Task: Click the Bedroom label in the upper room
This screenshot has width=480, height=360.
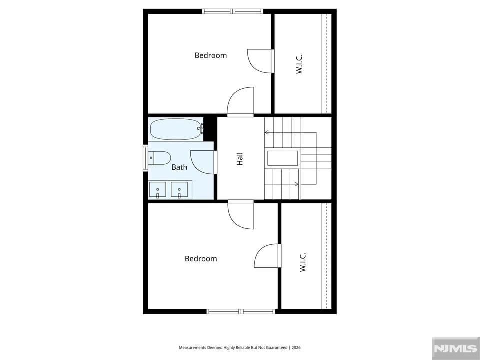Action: pos(211,55)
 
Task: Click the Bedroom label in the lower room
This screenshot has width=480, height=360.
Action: pos(201,259)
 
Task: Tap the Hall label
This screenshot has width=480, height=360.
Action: pos(240,159)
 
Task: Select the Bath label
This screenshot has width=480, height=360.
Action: pos(179,167)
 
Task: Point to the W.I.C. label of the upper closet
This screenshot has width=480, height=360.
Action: pos(299,64)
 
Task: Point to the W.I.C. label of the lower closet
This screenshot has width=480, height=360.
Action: pos(303,262)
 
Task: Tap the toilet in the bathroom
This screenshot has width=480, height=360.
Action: pos(159,158)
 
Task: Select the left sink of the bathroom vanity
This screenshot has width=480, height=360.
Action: pos(157,190)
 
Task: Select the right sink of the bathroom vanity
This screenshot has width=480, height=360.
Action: pos(179,190)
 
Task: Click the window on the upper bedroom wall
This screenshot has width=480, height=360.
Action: pos(232,11)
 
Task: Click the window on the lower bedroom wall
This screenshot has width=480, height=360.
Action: pos(241,311)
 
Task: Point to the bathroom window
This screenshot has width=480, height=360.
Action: pos(145,158)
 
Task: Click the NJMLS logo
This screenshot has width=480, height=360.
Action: pos(455,348)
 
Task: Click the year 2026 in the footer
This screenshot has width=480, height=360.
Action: pos(296,348)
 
